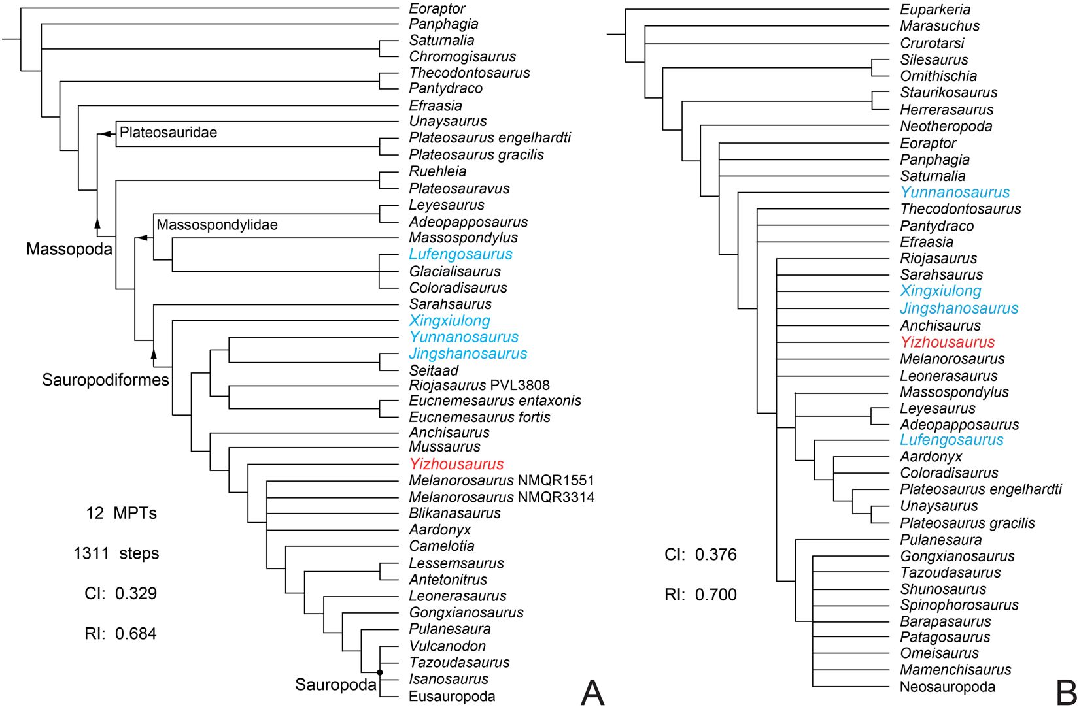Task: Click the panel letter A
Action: (x=592, y=691)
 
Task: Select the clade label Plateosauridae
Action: (x=168, y=133)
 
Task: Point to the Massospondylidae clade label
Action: (x=216, y=225)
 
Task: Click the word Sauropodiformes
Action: (x=105, y=380)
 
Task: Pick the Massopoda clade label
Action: (x=69, y=249)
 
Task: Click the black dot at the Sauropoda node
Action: (x=380, y=672)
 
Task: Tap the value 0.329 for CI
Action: (x=136, y=594)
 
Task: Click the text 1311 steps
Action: (x=116, y=553)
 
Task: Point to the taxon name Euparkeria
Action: (x=935, y=10)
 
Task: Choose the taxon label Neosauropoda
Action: (x=948, y=687)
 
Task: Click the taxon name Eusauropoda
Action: (x=452, y=697)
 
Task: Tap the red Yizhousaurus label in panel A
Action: (x=456, y=465)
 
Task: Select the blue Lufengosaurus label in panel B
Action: (x=951, y=440)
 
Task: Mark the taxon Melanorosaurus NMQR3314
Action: (x=502, y=497)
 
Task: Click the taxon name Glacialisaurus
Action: (x=454, y=272)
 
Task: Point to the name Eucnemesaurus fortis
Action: (x=479, y=418)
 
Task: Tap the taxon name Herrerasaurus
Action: (x=946, y=110)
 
